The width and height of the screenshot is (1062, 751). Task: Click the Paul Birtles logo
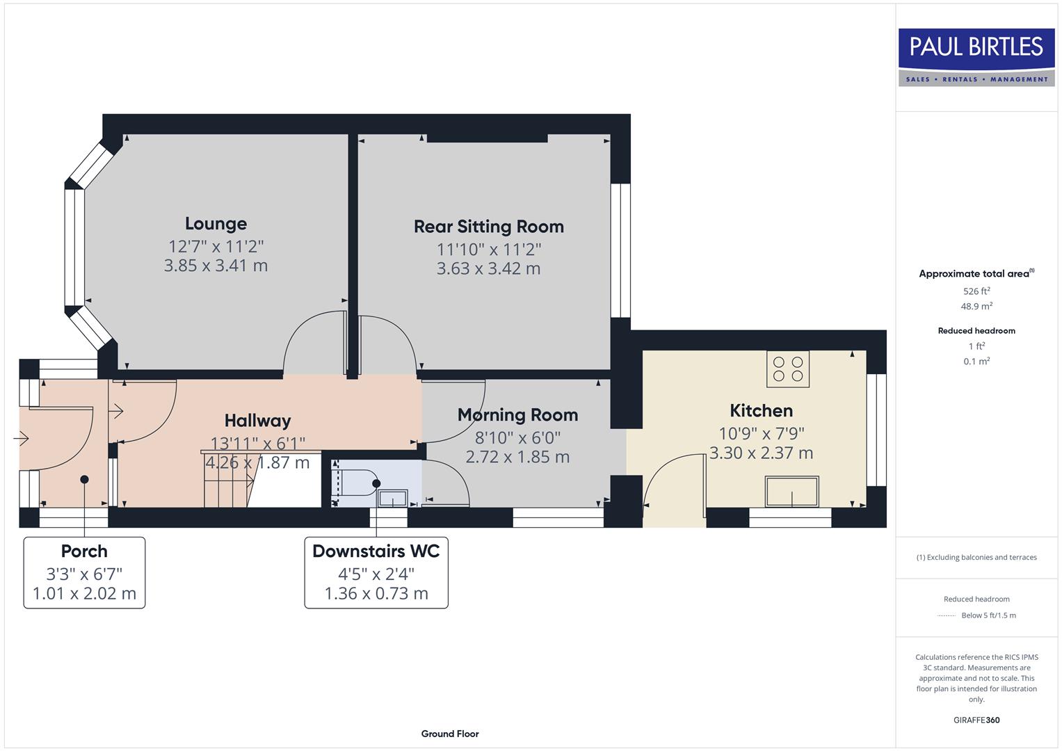[x=976, y=57]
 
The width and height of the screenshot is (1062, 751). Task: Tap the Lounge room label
[x=216, y=224]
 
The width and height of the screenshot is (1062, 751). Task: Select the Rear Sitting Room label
[x=488, y=227]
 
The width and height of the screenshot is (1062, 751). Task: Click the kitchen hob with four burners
[x=787, y=369]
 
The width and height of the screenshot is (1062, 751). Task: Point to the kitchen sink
[x=791, y=492]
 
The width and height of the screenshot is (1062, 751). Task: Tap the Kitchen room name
[x=761, y=411]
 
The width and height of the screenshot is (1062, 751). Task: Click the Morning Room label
[x=517, y=415]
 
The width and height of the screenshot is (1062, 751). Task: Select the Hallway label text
[x=257, y=421]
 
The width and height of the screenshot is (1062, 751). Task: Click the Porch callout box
[x=84, y=572]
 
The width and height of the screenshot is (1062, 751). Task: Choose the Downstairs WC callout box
[x=376, y=572]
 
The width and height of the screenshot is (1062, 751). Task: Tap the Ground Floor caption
[x=450, y=734]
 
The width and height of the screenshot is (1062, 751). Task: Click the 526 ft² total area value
[x=976, y=291]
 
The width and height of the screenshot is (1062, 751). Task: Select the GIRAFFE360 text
[x=976, y=720]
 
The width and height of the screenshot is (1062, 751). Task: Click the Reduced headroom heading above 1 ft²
[x=976, y=331]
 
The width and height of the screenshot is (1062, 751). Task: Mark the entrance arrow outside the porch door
[x=21, y=439]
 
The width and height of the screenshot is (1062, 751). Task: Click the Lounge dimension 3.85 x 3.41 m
[x=216, y=266]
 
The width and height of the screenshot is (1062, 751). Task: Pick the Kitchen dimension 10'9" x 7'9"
[x=761, y=433]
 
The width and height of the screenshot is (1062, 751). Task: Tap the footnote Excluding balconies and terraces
[x=976, y=557]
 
